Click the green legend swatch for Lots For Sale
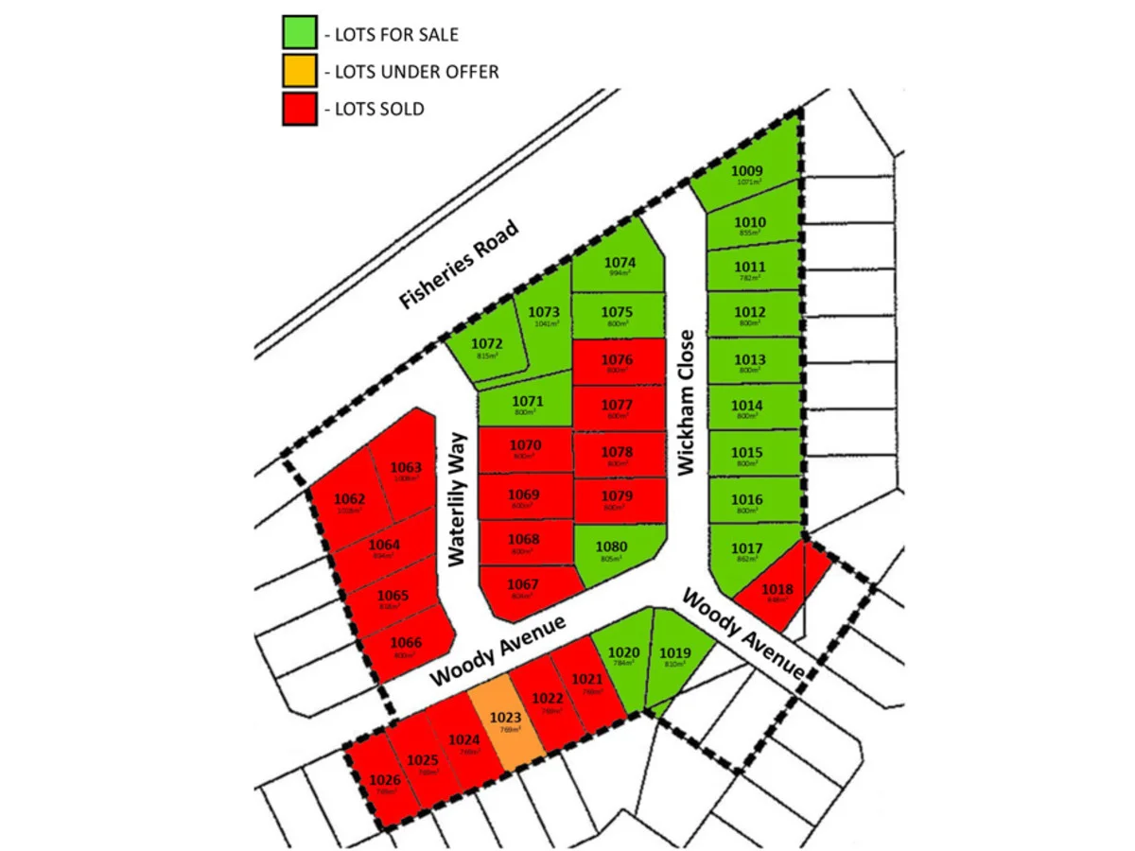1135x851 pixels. coord(298,34)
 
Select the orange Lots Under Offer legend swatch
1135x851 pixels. coord(298,71)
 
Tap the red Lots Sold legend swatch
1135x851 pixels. coord(298,108)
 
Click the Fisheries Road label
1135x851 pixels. coord(460,265)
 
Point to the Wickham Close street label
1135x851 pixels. coord(687,401)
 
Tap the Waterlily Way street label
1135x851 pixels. coord(459,499)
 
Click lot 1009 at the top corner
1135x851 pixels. coord(749,176)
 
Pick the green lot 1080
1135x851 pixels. coord(613,550)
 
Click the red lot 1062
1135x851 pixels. coord(349,503)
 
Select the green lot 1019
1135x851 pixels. coord(673,656)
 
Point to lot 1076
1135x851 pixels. coord(618,363)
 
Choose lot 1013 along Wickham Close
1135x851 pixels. coord(749,363)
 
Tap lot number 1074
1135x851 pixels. coord(619,265)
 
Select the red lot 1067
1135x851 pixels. coord(524,588)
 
